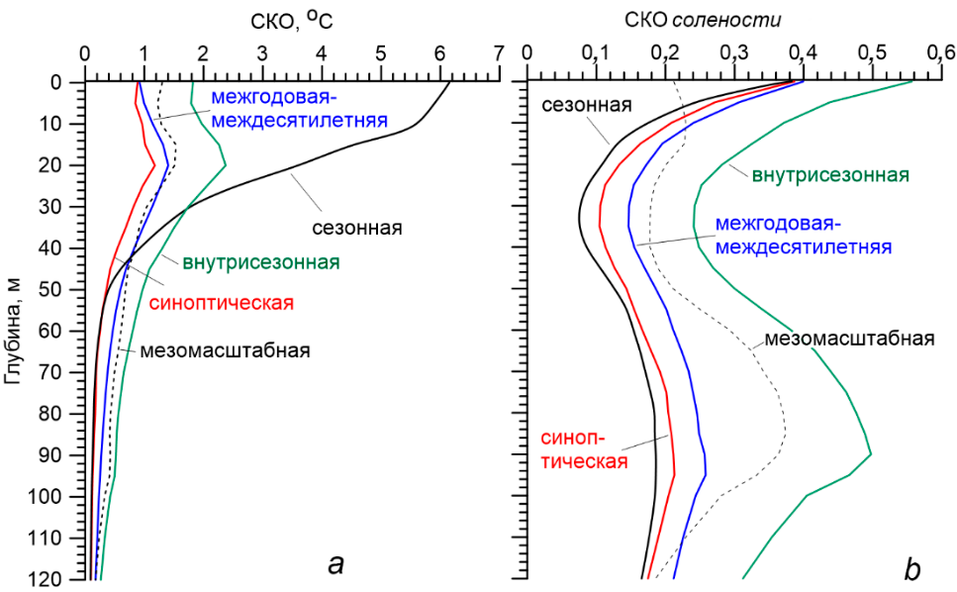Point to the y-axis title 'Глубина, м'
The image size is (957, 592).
pos(13,327)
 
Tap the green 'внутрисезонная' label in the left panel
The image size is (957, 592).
pos(261,263)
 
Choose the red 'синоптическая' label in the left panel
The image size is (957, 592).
pos(223,302)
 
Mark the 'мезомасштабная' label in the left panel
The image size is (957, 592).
pos(226,350)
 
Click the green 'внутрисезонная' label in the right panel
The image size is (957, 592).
pos(830,175)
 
